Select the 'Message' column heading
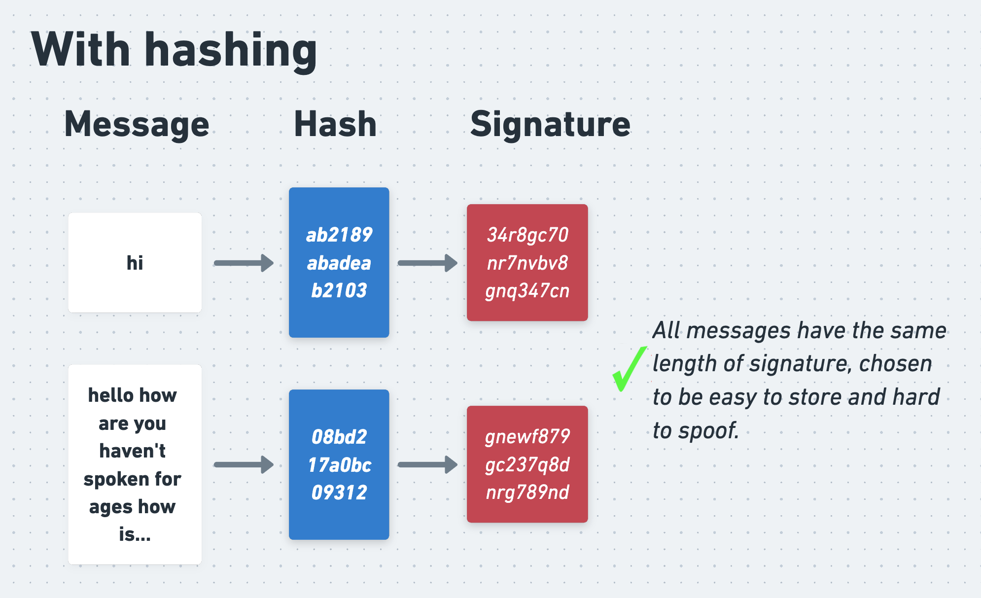[x=137, y=124]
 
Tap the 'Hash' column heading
[x=335, y=124]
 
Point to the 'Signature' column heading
[x=550, y=124]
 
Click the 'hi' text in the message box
[x=135, y=263]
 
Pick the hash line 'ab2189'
[x=339, y=235]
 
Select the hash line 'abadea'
[x=339, y=263]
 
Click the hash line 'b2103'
[x=339, y=291]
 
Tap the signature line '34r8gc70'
[x=527, y=235]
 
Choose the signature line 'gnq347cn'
[x=527, y=291]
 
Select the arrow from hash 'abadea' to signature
[x=427, y=263]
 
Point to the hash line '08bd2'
[x=339, y=437]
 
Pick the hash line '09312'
[x=339, y=492]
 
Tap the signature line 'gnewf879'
[x=527, y=437]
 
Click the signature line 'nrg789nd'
[x=527, y=492]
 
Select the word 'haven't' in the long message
[x=132, y=451]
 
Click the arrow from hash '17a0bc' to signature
[x=427, y=464]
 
